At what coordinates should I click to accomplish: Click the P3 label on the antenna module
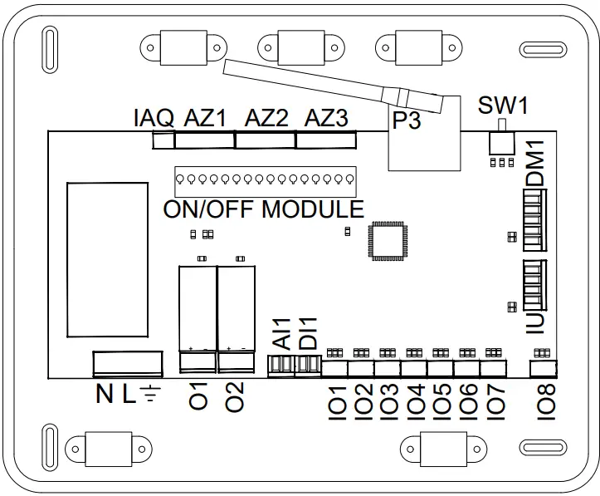coord(407,121)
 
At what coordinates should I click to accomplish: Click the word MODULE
coord(313,209)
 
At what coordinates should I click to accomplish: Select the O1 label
coord(198,396)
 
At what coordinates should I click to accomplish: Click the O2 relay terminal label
coord(236,396)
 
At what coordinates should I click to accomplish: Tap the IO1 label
coord(336,400)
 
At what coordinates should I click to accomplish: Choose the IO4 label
coord(415,400)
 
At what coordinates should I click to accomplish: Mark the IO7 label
coord(495,400)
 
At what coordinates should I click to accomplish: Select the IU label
coord(536,322)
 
